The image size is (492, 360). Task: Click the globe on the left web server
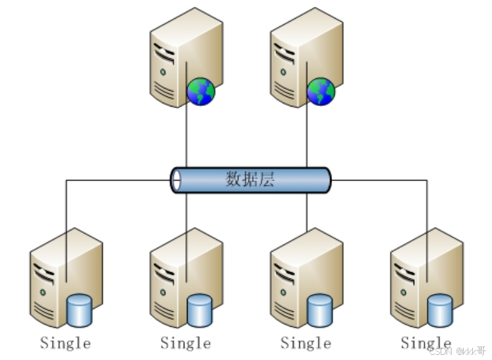[200, 92]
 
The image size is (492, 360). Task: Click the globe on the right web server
[321, 92]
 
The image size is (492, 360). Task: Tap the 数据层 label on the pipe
[250, 180]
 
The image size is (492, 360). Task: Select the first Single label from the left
[66, 343]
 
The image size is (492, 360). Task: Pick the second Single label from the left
[186, 343]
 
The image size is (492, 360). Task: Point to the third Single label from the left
[306, 343]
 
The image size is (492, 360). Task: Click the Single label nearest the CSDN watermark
[426, 343]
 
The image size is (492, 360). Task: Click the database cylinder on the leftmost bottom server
[80, 309]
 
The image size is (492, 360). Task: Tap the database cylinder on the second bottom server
[200, 309]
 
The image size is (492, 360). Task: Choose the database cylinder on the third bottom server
[320, 309]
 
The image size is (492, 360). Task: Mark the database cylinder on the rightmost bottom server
[440, 309]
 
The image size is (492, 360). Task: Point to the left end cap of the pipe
[175, 180]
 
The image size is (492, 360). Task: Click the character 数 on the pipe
[234, 180]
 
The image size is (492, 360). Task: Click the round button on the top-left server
[163, 71]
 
